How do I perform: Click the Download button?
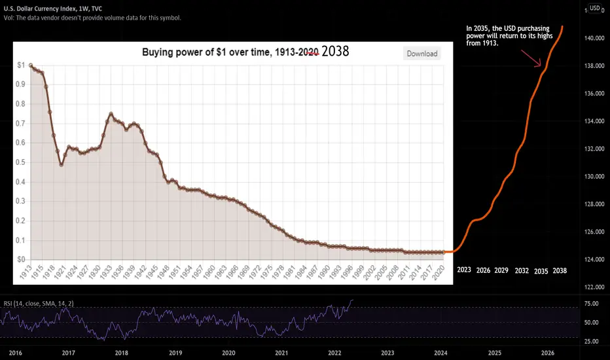coord(422,54)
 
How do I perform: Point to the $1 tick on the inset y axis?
coord(22,65)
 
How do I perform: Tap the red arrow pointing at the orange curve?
coord(531,57)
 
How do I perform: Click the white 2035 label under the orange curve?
coord(541,270)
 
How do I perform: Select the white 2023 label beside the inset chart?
coord(464,270)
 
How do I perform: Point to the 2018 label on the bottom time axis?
coord(121,352)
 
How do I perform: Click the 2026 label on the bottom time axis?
coord(548,352)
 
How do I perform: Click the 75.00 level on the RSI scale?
coord(592,304)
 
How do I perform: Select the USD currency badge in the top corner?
coord(594,8)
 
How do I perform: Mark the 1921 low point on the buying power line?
coord(62,165)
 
